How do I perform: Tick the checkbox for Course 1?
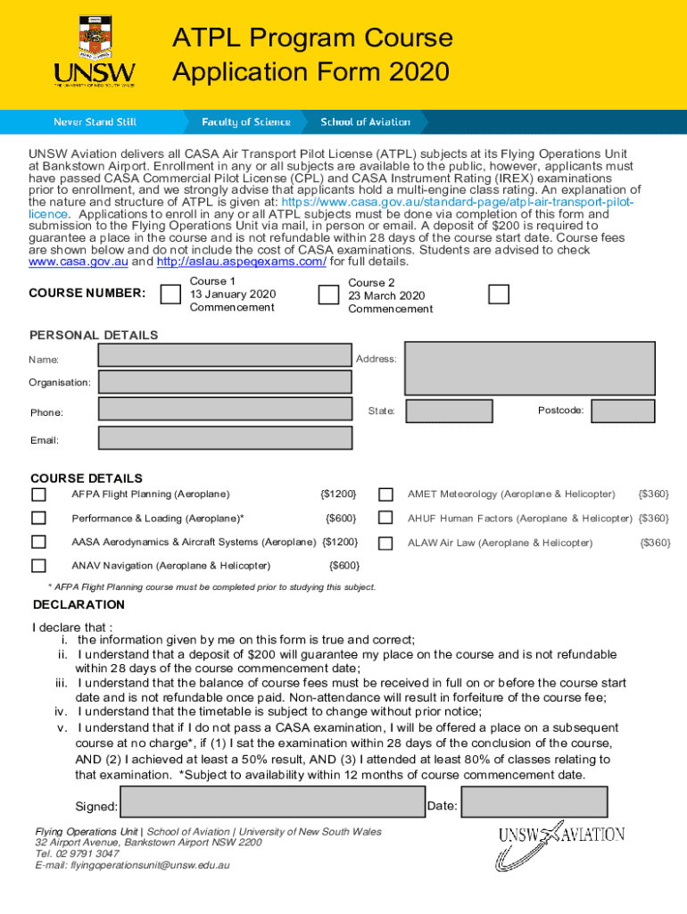170,295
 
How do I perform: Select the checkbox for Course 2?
328,295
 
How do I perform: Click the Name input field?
225,355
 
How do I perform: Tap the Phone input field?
225,410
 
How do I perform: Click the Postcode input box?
623,411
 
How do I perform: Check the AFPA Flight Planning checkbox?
39,494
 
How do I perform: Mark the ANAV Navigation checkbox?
39,565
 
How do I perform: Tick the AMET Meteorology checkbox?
385,494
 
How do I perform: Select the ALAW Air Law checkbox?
385,543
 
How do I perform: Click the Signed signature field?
273,802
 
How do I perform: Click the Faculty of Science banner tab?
245,122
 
